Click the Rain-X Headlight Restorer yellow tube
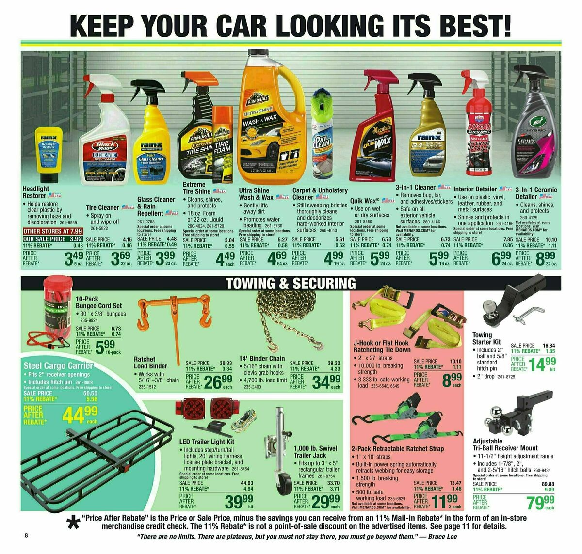tap(49, 154)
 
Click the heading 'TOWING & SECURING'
tap(290, 283)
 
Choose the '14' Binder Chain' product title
tap(262, 358)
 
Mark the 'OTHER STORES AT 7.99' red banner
tap(53, 231)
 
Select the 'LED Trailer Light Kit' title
tap(207, 442)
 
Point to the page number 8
tap(27, 536)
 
